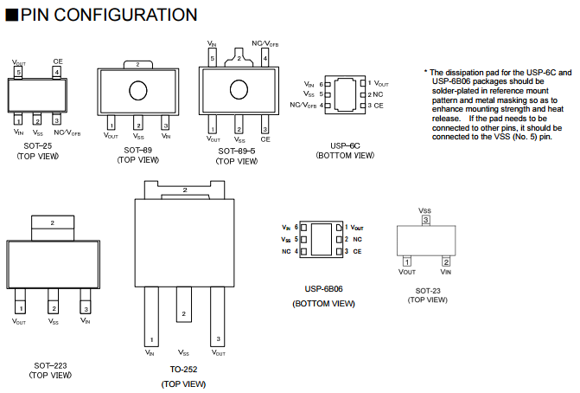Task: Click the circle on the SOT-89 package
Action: point(138,91)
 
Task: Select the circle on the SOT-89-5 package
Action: point(238,91)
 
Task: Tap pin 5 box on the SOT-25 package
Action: point(19,74)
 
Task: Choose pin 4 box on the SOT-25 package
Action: point(57,74)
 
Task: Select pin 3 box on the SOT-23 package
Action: point(425,221)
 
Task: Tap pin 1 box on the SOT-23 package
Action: point(406,261)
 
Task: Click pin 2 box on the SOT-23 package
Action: point(445,261)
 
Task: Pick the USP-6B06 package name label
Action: point(323,288)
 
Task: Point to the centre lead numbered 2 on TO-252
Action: point(183,314)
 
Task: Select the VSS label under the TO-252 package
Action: point(183,353)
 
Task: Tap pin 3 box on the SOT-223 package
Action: point(86,307)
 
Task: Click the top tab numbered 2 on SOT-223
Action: point(52,223)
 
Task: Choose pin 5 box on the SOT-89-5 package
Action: point(213,59)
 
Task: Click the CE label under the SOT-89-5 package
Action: point(265,139)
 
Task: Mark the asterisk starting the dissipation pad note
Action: point(425,72)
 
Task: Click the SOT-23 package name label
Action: point(427,290)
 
